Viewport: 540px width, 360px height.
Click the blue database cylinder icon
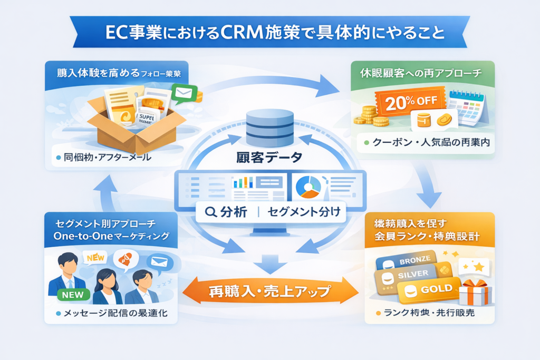270,128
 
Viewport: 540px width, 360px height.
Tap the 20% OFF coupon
407,102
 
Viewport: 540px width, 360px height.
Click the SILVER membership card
407,274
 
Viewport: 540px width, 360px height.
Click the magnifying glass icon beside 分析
210,212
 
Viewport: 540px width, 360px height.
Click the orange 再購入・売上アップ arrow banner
270,291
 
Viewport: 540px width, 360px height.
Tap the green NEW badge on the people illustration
72,295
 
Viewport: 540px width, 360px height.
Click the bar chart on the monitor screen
243,182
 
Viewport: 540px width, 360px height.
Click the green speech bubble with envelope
184,94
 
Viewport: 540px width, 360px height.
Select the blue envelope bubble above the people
159,261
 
